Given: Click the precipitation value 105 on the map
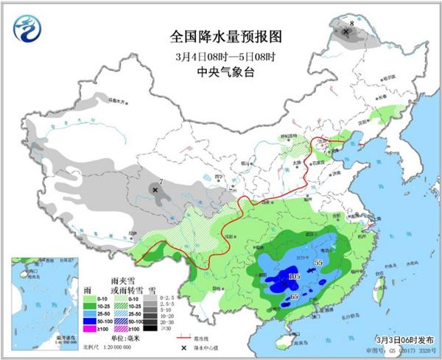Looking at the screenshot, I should point(295,276).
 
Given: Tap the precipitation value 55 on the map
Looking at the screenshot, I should point(319,262).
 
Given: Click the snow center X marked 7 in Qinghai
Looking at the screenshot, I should point(155,190).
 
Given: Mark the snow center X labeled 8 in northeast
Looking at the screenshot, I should point(346,32).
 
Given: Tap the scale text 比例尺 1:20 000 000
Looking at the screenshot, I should point(107,347).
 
